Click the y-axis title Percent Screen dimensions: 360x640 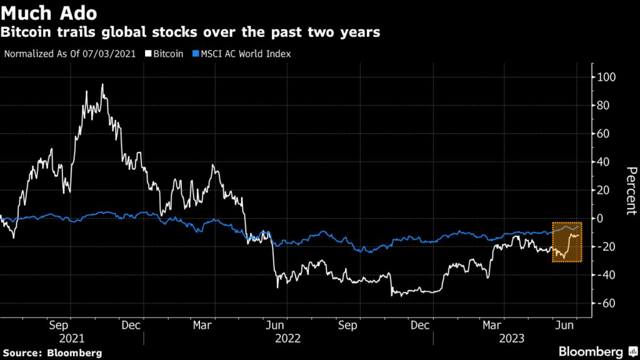631,191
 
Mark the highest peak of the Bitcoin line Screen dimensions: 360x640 102,84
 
